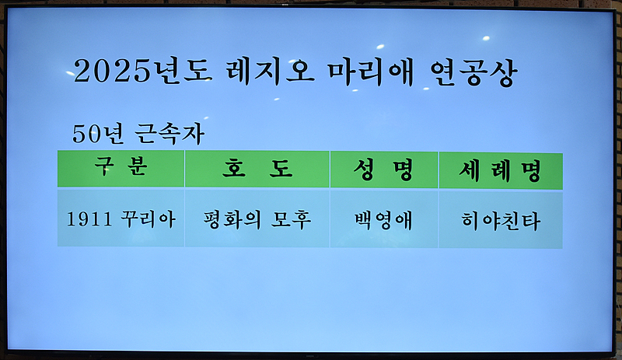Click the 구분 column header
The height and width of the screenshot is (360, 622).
click(121, 169)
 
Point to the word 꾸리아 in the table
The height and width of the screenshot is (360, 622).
click(147, 219)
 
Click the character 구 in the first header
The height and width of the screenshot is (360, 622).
click(103, 169)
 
